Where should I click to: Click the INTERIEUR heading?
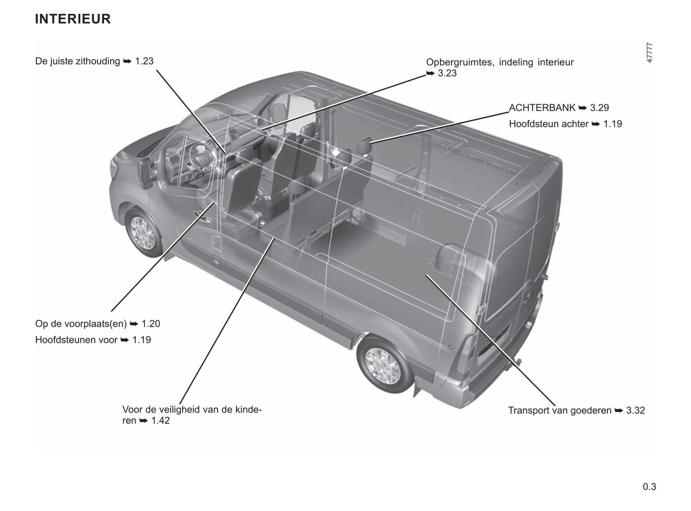[73, 19]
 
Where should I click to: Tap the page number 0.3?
[649, 487]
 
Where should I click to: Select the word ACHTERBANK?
[542, 107]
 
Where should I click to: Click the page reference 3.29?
[599, 107]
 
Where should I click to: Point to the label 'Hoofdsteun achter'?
[548, 124]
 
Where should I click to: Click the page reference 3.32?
[636, 410]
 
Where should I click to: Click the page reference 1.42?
[161, 420]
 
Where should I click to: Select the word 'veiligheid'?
[180, 410]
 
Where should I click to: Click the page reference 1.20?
[151, 324]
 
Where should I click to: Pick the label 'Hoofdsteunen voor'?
[77, 340]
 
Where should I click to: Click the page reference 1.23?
[144, 61]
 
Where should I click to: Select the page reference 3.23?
[447, 73]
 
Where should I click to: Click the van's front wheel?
[143, 233]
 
